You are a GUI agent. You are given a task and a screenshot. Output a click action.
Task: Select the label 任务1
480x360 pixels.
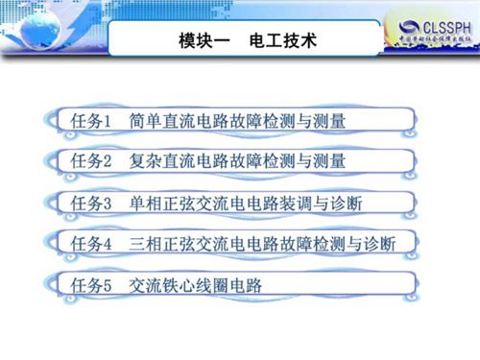point(92,122)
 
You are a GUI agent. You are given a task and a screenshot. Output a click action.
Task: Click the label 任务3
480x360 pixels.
point(92,203)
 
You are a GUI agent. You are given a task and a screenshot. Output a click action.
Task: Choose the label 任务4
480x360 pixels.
point(92,243)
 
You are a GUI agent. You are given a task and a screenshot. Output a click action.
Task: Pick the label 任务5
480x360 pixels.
point(92,284)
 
